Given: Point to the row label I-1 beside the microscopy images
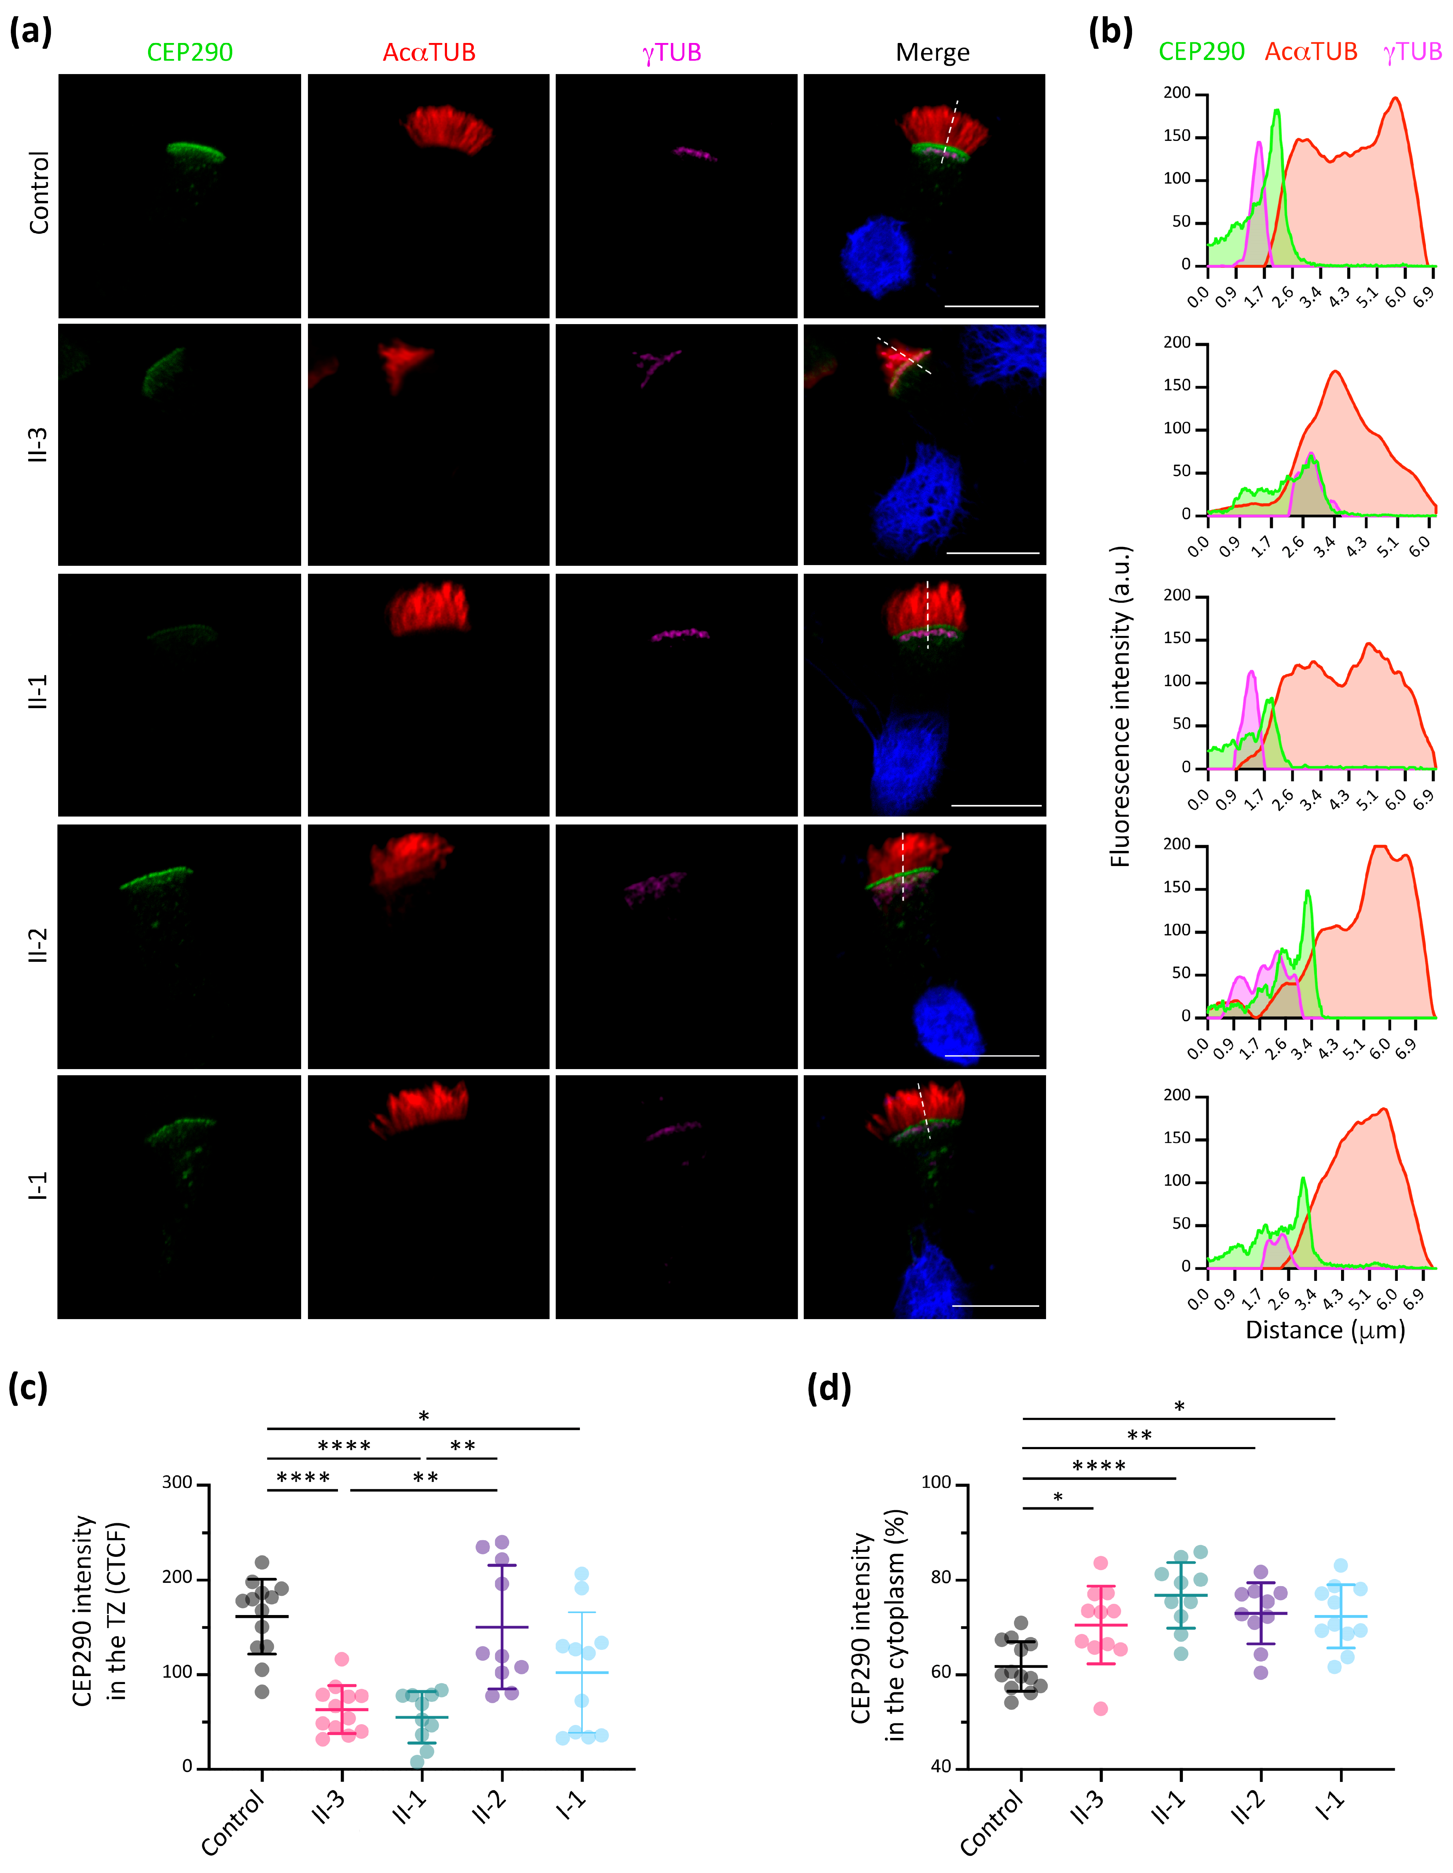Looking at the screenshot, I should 38,1187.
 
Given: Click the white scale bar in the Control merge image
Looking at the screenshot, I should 991,305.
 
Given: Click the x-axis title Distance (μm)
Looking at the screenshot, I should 1324,1330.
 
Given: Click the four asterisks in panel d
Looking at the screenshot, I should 1099,1466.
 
